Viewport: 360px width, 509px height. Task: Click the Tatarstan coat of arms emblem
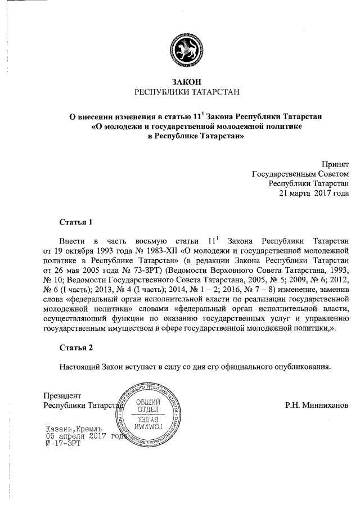pyautogui.click(x=180, y=52)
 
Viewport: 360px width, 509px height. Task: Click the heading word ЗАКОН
pyautogui.click(x=179, y=82)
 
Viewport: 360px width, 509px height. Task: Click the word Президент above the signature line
pyautogui.click(x=62, y=395)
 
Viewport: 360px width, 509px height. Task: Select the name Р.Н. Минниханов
pyautogui.click(x=317, y=405)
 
